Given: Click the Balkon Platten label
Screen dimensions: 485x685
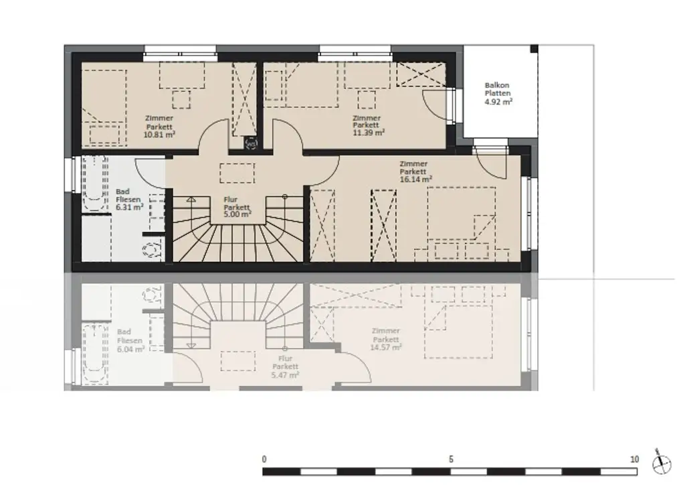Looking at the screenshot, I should point(497,89).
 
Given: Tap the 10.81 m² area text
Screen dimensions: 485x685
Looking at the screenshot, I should point(159,134).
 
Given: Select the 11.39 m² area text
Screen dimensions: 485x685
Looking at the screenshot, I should point(368,133).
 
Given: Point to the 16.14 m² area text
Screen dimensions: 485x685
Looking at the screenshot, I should point(415,179).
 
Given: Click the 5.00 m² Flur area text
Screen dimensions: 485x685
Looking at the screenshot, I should point(237,214).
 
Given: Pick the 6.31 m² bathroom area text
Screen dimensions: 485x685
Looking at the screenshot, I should point(130,208).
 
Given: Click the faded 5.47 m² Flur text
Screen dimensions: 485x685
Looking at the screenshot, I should point(285,375).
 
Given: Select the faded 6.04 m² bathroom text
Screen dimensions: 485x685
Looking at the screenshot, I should point(130,349).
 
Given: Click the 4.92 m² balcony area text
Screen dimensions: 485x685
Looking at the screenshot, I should point(498,102).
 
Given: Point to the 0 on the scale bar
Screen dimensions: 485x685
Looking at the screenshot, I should point(264,460).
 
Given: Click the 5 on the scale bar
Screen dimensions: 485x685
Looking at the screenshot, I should point(451,460).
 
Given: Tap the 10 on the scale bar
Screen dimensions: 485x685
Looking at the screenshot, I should point(634,460).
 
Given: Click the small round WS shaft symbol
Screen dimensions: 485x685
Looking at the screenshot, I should point(251,143).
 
